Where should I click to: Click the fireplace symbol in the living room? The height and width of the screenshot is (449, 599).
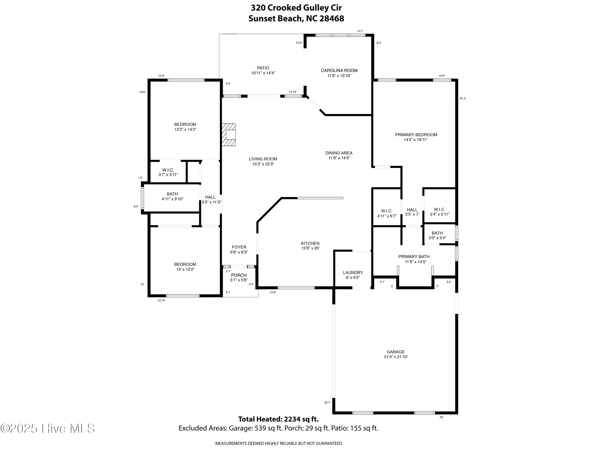coord(229,135)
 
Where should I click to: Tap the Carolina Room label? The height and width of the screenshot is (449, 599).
coord(339,71)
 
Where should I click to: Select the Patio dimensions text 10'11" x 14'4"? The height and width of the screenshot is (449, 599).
coord(263,73)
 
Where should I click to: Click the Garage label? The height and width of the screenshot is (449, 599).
coord(395,352)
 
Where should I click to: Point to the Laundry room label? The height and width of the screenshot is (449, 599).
coord(353,273)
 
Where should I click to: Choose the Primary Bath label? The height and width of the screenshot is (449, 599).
coord(414,257)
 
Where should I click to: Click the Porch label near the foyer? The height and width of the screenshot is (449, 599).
coord(239,275)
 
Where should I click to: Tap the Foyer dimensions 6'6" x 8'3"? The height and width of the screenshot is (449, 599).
coord(239,252)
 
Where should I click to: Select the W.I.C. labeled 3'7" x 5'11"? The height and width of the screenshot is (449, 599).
coord(168,172)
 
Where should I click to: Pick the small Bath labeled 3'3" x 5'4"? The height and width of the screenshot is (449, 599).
coord(437,235)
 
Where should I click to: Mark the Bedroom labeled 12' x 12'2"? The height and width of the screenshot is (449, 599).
coord(185,267)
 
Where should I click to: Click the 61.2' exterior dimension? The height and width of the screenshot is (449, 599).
coord(463,99)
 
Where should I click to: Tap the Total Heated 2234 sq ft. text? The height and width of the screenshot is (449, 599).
coord(278,419)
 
